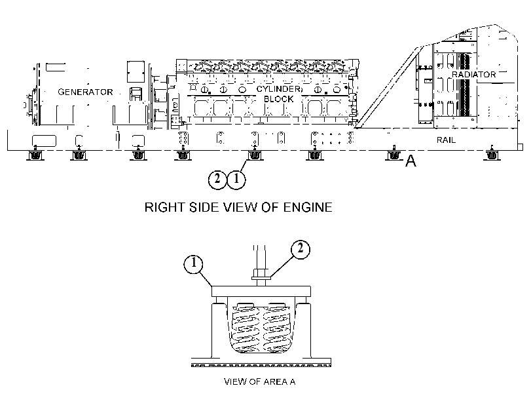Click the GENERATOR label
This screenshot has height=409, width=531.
(x=85, y=92)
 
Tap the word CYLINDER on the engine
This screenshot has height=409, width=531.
(x=278, y=89)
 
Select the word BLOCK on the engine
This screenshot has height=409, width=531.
(x=278, y=99)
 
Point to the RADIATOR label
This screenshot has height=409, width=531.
(x=474, y=74)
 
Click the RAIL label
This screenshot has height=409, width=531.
(x=446, y=140)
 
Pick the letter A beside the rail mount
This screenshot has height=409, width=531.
(x=411, y=161)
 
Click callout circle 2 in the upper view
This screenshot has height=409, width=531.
(x=217, y=179)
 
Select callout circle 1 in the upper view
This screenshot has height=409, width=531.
(x=236, y=179)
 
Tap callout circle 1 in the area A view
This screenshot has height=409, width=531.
(x=193, y=263)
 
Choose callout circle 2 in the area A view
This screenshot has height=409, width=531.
(x=300, y=249)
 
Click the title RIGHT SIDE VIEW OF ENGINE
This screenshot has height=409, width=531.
(x=238, y=207)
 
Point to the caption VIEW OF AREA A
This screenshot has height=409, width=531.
(x=260, y=381)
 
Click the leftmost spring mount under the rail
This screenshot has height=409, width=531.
(x=35, y=155)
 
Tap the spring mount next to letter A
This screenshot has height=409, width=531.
(x=393, y=155)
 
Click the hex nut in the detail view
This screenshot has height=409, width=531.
(x=261, y=273)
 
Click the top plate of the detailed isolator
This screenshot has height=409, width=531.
(x=261, y=291)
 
